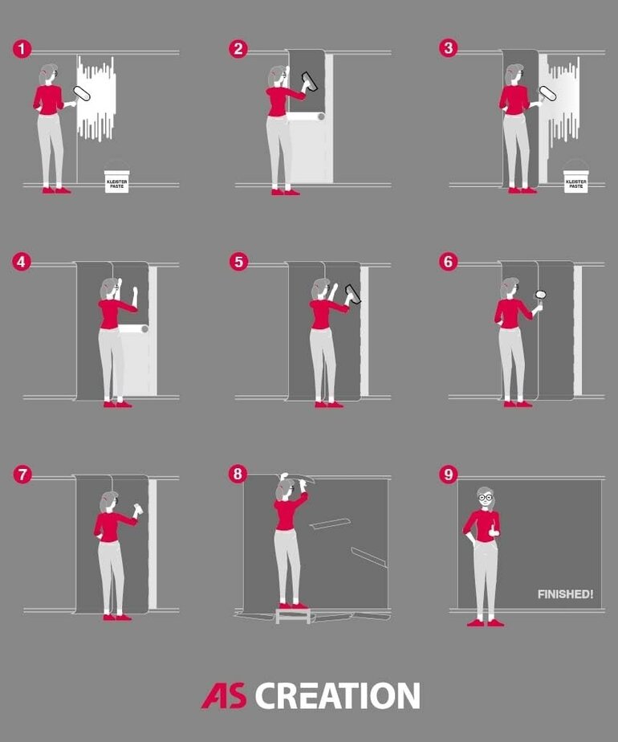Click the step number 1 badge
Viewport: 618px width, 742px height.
point(22,49)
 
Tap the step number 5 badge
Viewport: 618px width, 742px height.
point(238,262)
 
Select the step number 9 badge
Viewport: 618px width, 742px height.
point(449,474)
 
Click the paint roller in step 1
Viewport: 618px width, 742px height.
point(81,94)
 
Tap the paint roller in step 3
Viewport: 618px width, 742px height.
point(547,94)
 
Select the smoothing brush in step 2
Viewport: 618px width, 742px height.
point(310,81)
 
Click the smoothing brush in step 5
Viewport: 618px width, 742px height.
point(352,294)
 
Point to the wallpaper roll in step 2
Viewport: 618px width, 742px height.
point(306,116)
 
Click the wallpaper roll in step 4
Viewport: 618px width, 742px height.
point(133,329)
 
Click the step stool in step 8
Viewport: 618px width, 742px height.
point(293,616)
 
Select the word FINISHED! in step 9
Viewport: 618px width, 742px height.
point(565,594)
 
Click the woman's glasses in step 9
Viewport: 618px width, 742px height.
point(485,497)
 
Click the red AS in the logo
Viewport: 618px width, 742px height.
point(225,695)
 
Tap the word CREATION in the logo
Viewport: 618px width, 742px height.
point(338,695)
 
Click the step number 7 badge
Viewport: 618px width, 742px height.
point(22,475)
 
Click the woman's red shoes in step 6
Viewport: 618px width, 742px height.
point(518,404)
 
